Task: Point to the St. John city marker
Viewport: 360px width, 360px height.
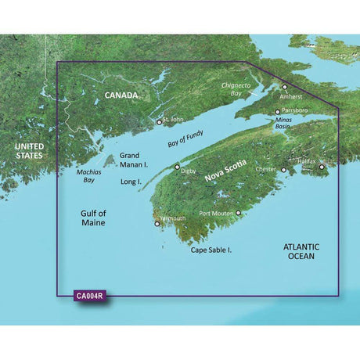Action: [x=160, y=122]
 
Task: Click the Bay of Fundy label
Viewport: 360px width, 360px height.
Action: [x=186, y=142]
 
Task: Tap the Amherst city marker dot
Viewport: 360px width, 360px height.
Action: [x=285, y=88]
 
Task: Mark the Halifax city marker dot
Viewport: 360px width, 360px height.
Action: [x=321, y=166]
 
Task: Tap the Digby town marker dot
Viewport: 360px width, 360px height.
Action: [x=177, y=167]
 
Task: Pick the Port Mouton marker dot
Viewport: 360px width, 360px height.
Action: [x=239, y=212]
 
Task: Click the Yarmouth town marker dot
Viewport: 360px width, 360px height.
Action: [x=159, y=224]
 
